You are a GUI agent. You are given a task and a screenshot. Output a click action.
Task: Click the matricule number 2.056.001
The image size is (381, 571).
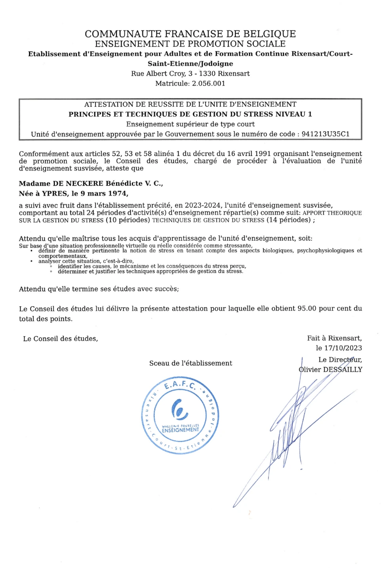tap(208, 83)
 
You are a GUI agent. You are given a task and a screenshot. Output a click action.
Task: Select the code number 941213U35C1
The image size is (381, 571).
tap(326, 134)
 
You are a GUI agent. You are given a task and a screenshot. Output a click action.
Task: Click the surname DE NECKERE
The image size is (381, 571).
tap(78, 184)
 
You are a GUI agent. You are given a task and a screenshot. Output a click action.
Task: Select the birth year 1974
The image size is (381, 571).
tap(118, 193)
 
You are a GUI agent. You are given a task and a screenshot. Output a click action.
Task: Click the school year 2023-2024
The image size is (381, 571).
tap(202, 205)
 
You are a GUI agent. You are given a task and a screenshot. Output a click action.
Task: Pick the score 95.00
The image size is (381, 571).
tap(307, 309)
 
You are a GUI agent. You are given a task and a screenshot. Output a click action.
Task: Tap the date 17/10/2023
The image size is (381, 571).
tap(343, 348)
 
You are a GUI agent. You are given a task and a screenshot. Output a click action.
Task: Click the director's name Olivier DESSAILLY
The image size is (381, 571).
tap(330, 370)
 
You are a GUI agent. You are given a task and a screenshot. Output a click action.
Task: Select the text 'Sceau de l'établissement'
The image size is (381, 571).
tap(190, 363)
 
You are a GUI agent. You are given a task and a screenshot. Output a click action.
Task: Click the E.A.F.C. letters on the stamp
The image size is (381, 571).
tap(180, 385)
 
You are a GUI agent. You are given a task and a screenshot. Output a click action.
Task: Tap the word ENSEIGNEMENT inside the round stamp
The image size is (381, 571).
tap(181, 430)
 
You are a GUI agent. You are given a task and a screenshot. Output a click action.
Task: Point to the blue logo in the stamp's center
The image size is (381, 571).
tap(179, 409)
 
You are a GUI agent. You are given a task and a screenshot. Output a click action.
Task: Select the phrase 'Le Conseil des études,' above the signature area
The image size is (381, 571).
tap(61, 339)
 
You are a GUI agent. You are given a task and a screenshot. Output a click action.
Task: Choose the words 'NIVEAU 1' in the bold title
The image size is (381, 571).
tap(293, 114)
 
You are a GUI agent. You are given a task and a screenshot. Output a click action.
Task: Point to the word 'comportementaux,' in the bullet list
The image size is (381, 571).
tap(63, 256)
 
